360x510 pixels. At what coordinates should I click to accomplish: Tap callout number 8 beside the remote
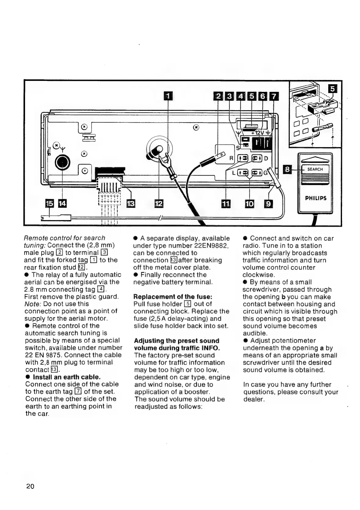(x=287, y=169)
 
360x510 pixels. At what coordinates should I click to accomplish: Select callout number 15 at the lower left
(x=49, y=203)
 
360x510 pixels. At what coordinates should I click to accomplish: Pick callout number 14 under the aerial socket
(x=62, y=203)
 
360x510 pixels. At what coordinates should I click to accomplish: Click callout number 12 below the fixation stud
(x=159, y=203)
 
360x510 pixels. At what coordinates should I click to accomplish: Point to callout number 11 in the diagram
(x=226, y=203)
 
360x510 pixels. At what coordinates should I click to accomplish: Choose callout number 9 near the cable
(x=268, y=203)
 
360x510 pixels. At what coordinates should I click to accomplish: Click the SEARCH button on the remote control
(x=315, y=169)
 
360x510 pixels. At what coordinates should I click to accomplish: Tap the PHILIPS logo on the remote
(x=316, y=198)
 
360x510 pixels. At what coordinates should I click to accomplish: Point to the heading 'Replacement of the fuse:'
(x=173, y=297)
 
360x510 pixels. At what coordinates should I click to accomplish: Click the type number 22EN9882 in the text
(x=211, y=246)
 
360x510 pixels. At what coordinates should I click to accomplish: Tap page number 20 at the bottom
(x=31, y=486)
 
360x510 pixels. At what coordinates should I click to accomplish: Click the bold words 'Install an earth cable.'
(x=67, y=377)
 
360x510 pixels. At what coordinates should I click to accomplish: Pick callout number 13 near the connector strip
(x=131, y=203)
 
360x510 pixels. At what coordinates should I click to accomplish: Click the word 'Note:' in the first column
(x=33, y=304)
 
